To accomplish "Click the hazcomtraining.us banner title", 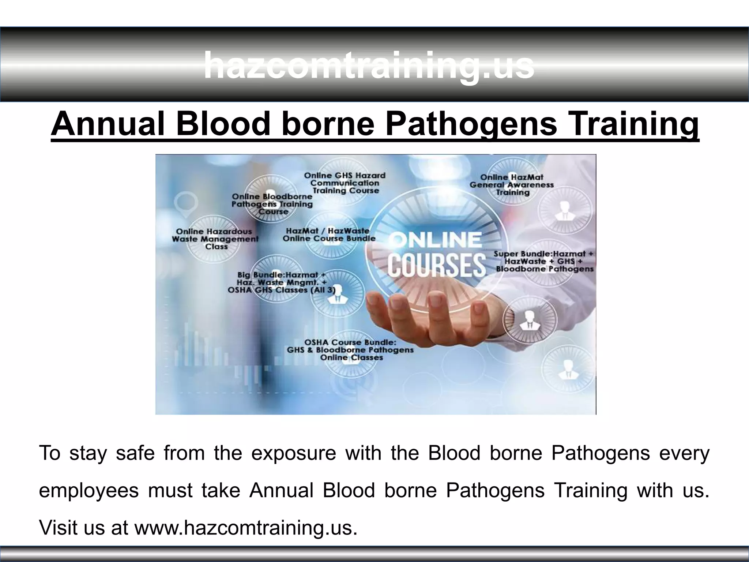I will pyautogui.click(x=369, y=66).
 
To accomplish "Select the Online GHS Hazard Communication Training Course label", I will pyautogui.click(x=345, y=183).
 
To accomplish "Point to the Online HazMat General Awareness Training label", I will pyautogui.click(x=512, y=185).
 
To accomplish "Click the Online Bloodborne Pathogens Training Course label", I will pyautogui.click(x=272, y=204).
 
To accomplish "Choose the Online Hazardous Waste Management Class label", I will pyautogui.click(x=215, y=239).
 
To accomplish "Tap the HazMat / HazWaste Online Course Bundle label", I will pyautogui.click(x=328, y=235).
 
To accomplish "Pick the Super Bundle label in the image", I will pyautogui.click(x=544, y=261).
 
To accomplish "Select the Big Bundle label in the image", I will pyautogui.click(x=282, y=282).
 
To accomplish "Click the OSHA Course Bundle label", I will pyautogui.click(x=350, y=350).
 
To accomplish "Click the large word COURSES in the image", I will pyautogui.click(x=437, y=265).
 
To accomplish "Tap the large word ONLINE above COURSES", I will pyautogui.click(x=435, y=240).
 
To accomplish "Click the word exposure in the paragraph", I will pyautogui.click(x=294, y=453).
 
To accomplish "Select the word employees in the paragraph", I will pyautogui.click(x=89, y=490).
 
